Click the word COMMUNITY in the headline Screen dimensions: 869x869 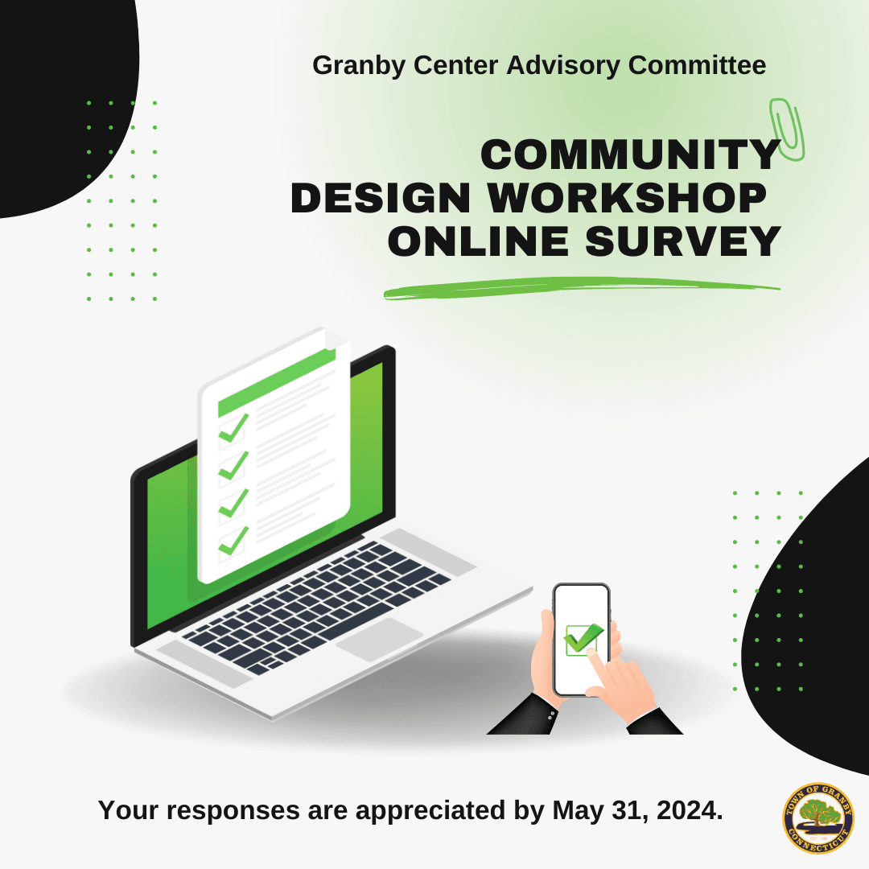630,154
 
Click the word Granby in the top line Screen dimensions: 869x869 358,65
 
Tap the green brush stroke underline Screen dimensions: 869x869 579,287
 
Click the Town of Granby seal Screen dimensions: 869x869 818,818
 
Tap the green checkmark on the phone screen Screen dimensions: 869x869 583,639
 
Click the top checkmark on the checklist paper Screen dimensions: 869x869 233,428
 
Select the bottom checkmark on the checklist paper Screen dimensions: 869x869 233,541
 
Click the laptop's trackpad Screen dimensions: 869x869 379,640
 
